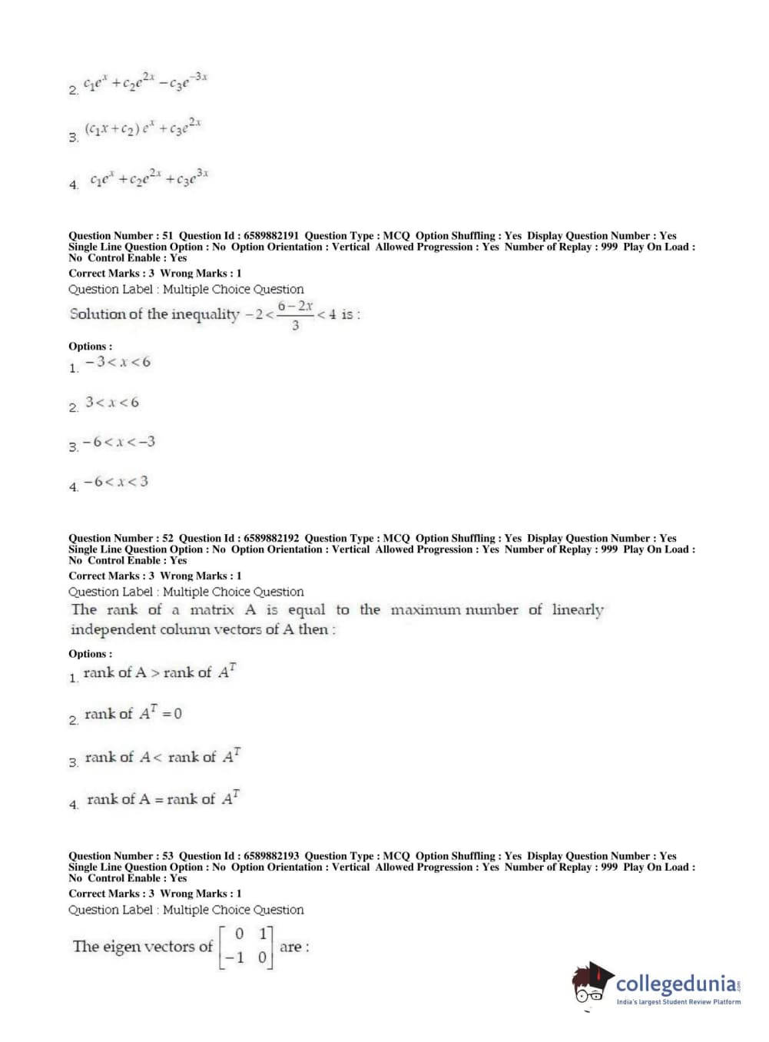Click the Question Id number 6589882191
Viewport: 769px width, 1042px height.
(x=271, y=236)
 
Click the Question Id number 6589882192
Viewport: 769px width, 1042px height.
(x=271, y=539)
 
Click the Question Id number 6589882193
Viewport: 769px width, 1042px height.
(x=271, y=856)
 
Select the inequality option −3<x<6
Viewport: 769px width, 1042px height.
(x=118, y=362)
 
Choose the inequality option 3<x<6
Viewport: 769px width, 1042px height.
(x=112, y=402)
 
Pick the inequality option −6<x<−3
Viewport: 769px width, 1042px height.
(x=119, y=442)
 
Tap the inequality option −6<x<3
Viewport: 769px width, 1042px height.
(x=116, y=482)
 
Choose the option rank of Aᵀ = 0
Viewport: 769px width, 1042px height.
(x=133, y=714)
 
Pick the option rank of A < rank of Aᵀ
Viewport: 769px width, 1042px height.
(x=162, y=757)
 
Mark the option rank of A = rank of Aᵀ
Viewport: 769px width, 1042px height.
(x=163, y=799)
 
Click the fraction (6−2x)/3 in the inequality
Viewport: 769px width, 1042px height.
(x=296, y=315)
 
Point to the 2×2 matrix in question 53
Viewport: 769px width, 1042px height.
(x=246, y=947)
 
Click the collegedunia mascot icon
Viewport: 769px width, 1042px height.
(x=592, y=983)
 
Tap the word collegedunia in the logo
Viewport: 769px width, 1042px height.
(x=675, y=984)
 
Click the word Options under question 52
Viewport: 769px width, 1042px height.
(x=90, y=654)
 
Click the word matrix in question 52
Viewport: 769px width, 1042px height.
(x=212, y=610)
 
